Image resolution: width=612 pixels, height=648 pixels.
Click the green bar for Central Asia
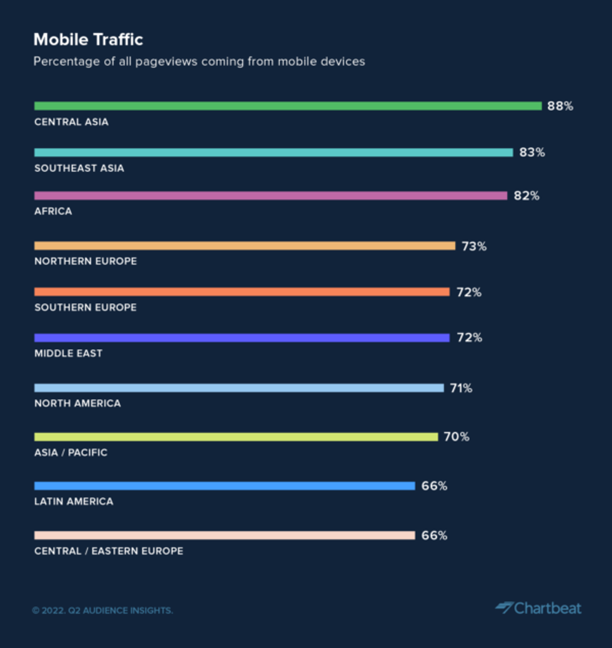(288, 106)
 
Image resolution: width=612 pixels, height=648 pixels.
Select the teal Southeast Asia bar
(274, 152)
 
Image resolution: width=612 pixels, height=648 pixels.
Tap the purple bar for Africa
(270, 196)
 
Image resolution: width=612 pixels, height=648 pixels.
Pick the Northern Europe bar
(244, 246)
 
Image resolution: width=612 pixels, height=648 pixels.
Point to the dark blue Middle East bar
(242, 338)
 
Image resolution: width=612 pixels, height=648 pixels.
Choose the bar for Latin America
(224, 486)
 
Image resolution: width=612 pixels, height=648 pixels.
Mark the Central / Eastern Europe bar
(224, 536)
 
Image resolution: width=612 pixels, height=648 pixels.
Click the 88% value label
(560, 106)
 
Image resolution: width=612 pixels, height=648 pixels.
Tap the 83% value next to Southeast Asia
(532, 152)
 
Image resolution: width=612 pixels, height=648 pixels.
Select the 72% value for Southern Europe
(469, 292)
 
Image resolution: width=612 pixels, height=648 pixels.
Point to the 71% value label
(461, 388)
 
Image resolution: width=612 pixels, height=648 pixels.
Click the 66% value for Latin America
(434, 486)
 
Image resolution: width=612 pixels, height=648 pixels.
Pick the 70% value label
(457, 437)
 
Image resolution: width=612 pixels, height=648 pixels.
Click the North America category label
(77, 404)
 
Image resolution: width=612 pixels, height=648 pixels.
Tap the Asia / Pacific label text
(71, 452)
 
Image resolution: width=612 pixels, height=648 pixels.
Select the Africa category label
(53, 211)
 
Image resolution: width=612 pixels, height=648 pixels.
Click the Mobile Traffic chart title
(88, 39)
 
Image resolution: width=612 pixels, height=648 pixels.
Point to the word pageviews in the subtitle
(165, 62)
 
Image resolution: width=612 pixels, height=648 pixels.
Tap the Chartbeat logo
(538, 608)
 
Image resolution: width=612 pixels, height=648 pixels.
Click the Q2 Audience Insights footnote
(102, 611)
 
